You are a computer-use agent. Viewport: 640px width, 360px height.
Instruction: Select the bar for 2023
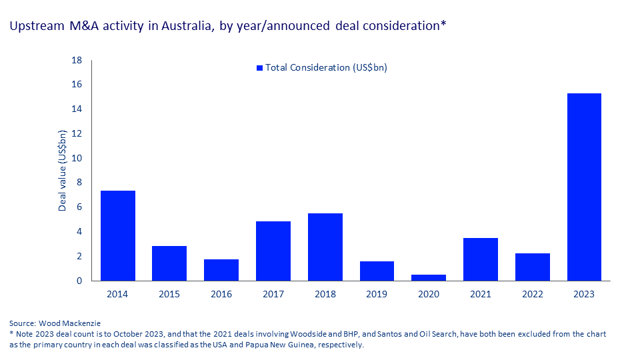[x=584, y=187]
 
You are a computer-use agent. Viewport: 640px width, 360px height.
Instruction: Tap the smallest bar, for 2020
[x=429, y=277]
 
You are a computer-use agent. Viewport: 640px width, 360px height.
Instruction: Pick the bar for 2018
[x=325, y=247]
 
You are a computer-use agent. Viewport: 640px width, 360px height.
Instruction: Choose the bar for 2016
[x=221, y=270]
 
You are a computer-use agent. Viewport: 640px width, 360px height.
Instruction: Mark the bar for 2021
[x=481, y=259]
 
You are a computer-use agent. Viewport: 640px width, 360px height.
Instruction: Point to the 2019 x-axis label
[x=377, y=294]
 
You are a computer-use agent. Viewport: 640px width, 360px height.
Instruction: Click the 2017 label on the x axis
[x=273, y=294]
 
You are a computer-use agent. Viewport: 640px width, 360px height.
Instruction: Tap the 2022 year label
[x=532, y=294]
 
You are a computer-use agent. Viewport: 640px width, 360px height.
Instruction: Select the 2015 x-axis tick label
[x=169, y=294]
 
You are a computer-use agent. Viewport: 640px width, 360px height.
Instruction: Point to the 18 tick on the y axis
[x=77, y=60]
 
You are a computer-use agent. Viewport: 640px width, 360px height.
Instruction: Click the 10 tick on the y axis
[x=77, y=158]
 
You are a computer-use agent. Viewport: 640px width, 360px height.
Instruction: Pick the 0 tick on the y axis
[x=79, y=281]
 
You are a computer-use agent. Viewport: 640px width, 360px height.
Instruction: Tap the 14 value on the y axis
[x=77, y=109]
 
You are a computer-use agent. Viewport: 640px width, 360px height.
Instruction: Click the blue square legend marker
[x=260, y=68]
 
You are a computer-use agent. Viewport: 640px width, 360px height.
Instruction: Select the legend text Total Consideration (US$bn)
[x=326, y=68]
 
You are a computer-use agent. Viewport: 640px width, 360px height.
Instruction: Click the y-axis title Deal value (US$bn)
[x=63, y=171]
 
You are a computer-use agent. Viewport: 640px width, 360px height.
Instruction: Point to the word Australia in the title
[x=183, y=26]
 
